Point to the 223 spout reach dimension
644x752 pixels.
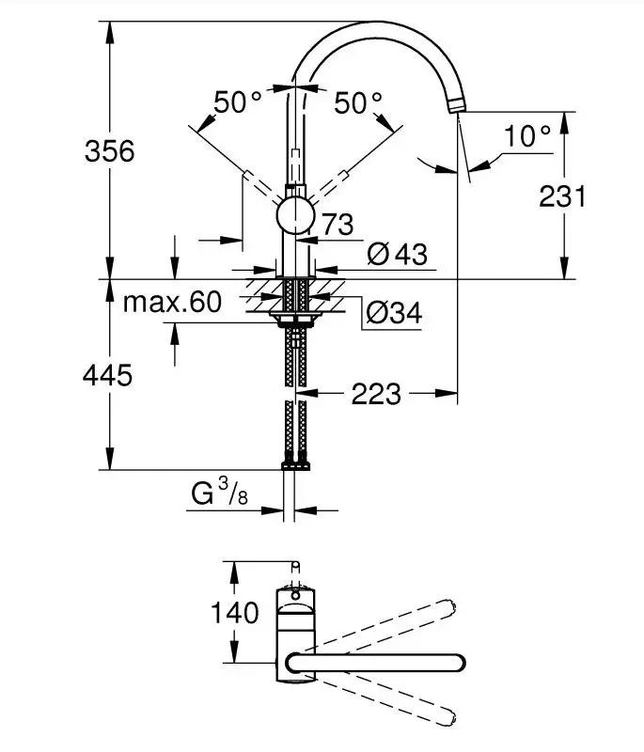[x=375, y=394]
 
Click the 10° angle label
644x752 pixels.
[x=526, y=136]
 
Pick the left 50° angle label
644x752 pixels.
[x=238, y=102]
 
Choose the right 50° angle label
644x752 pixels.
[x=358, y=102]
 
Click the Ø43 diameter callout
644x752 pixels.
[x=397, y=254]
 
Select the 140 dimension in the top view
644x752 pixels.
[x=235, y=614]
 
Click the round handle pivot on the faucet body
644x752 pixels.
[x=295, y=215]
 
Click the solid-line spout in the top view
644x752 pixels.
[x=376, y=661]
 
